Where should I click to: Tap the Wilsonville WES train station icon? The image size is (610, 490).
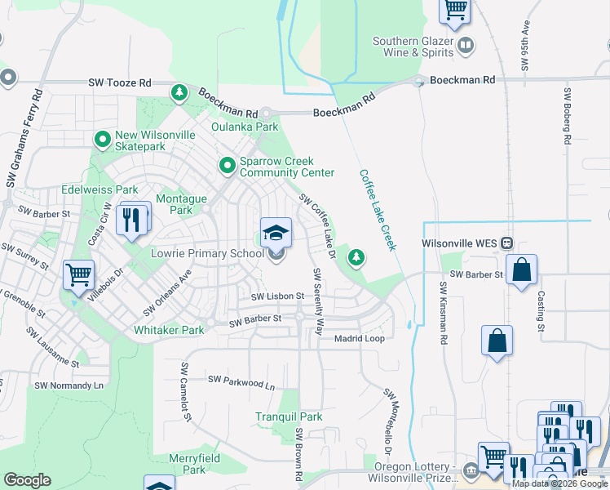tap(507, 243)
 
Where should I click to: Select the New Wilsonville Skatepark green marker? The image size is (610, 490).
tap(103, 140)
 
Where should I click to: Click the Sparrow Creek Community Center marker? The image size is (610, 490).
tap(228, 166)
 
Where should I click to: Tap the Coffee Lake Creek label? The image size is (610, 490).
tap(377, 210)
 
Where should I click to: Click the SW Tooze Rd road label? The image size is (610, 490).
tap(120, 83)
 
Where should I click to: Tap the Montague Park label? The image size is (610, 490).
tap(181, 204)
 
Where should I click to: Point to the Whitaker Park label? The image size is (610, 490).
tap(169, 330)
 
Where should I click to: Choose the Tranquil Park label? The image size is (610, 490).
tap(289, 416)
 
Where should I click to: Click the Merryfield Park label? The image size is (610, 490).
tap(194, 464)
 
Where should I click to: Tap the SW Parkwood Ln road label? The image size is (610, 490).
tap(241, 380)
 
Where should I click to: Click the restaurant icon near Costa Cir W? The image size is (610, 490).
tap(132, 219)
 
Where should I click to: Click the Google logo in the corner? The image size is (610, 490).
tap(27, 480)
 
